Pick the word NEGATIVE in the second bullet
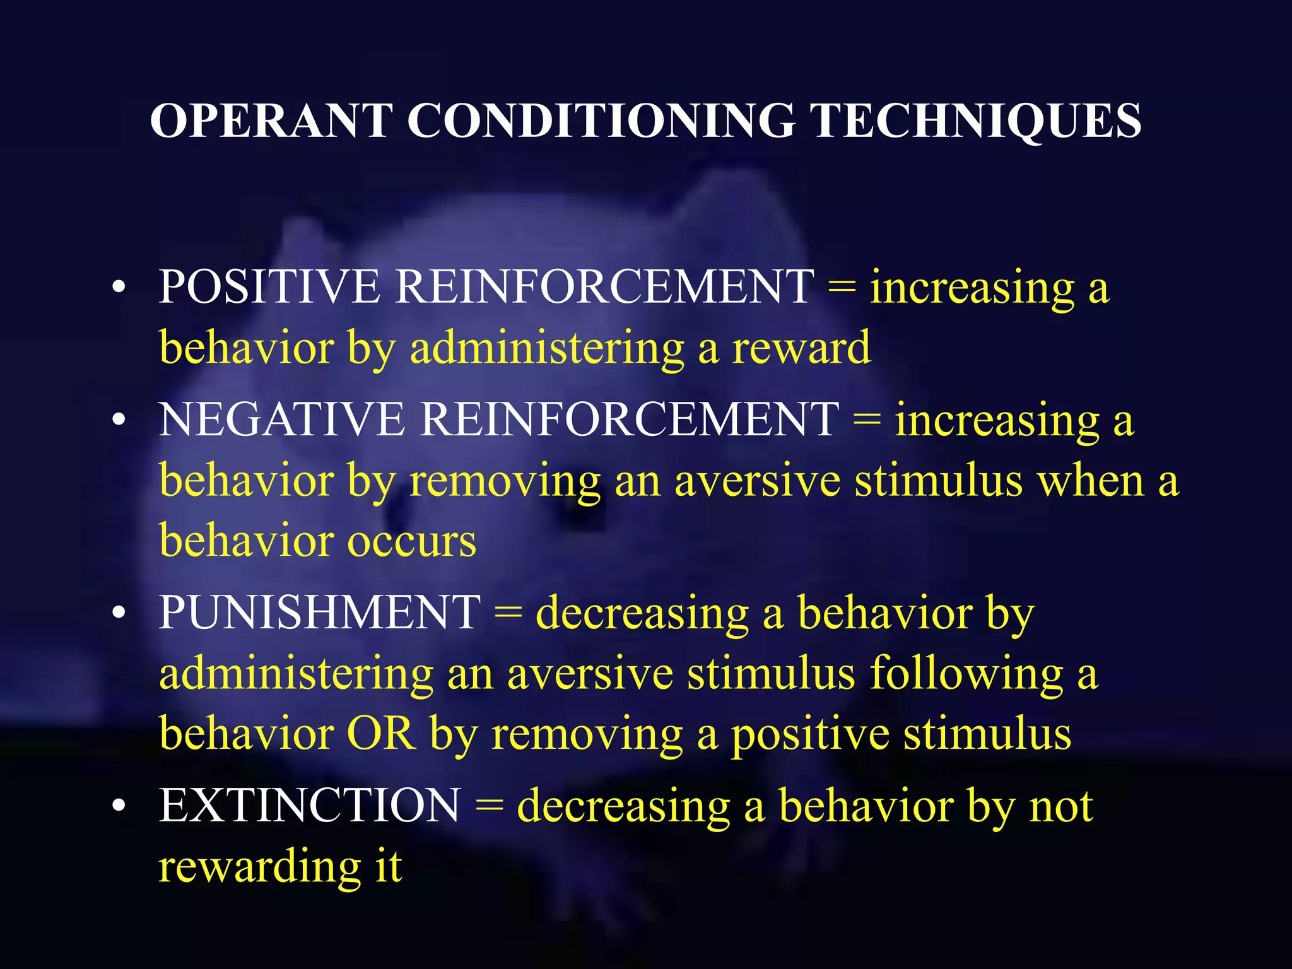point(281,420)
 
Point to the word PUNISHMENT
point(319,613)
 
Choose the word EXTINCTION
point(310,806)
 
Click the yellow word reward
point(801,348)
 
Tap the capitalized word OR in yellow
point(381,734)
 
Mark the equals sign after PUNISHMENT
point(508,614)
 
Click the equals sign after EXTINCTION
point(489,807)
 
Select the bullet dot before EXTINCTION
point(118,807)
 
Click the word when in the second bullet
point(1091,481)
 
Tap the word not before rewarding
point(1061,807)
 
